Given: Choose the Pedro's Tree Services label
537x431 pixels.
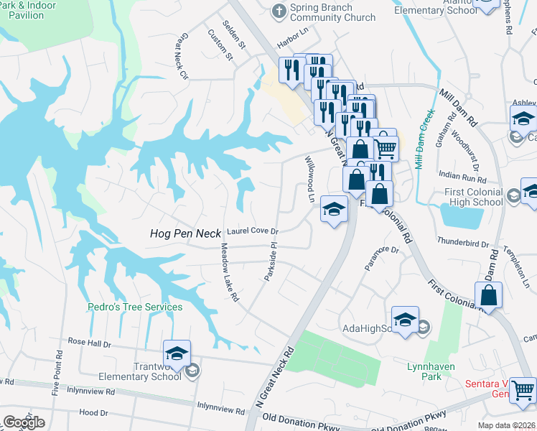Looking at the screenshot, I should point(135,307).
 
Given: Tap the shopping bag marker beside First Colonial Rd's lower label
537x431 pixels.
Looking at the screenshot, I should point(488,295).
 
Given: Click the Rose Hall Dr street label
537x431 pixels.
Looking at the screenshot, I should point(89,343).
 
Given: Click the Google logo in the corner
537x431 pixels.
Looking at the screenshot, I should point(24,422).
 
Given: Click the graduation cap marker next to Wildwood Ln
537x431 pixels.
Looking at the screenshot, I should point(334,209).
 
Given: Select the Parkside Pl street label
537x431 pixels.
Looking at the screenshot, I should point(272,262).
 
